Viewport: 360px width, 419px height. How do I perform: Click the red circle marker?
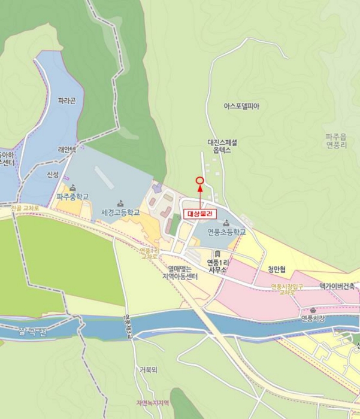[x=199, y=180]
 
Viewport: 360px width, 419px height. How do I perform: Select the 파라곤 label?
[x=67, y=101]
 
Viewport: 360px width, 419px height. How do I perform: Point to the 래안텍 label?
[x=66, y=150]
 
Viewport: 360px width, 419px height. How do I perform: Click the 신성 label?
[x=53, y=174]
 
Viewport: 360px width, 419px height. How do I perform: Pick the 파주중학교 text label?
[x=72, y=196]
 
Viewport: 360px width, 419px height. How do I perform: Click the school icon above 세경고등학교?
[x=120, y=202]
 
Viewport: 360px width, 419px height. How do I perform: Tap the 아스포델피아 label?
[x=241, y=106]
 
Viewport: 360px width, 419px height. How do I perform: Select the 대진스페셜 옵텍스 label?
[x=222, y=147]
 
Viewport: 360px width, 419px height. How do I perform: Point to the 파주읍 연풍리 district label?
[x=337, y=141]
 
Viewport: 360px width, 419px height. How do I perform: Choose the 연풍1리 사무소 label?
[x=217, y=266]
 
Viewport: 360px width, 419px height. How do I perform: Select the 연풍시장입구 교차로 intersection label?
[x=287, y=290]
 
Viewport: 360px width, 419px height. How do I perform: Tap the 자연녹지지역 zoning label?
[x=153, y=403]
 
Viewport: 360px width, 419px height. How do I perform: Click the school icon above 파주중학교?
[x=73, y=188]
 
